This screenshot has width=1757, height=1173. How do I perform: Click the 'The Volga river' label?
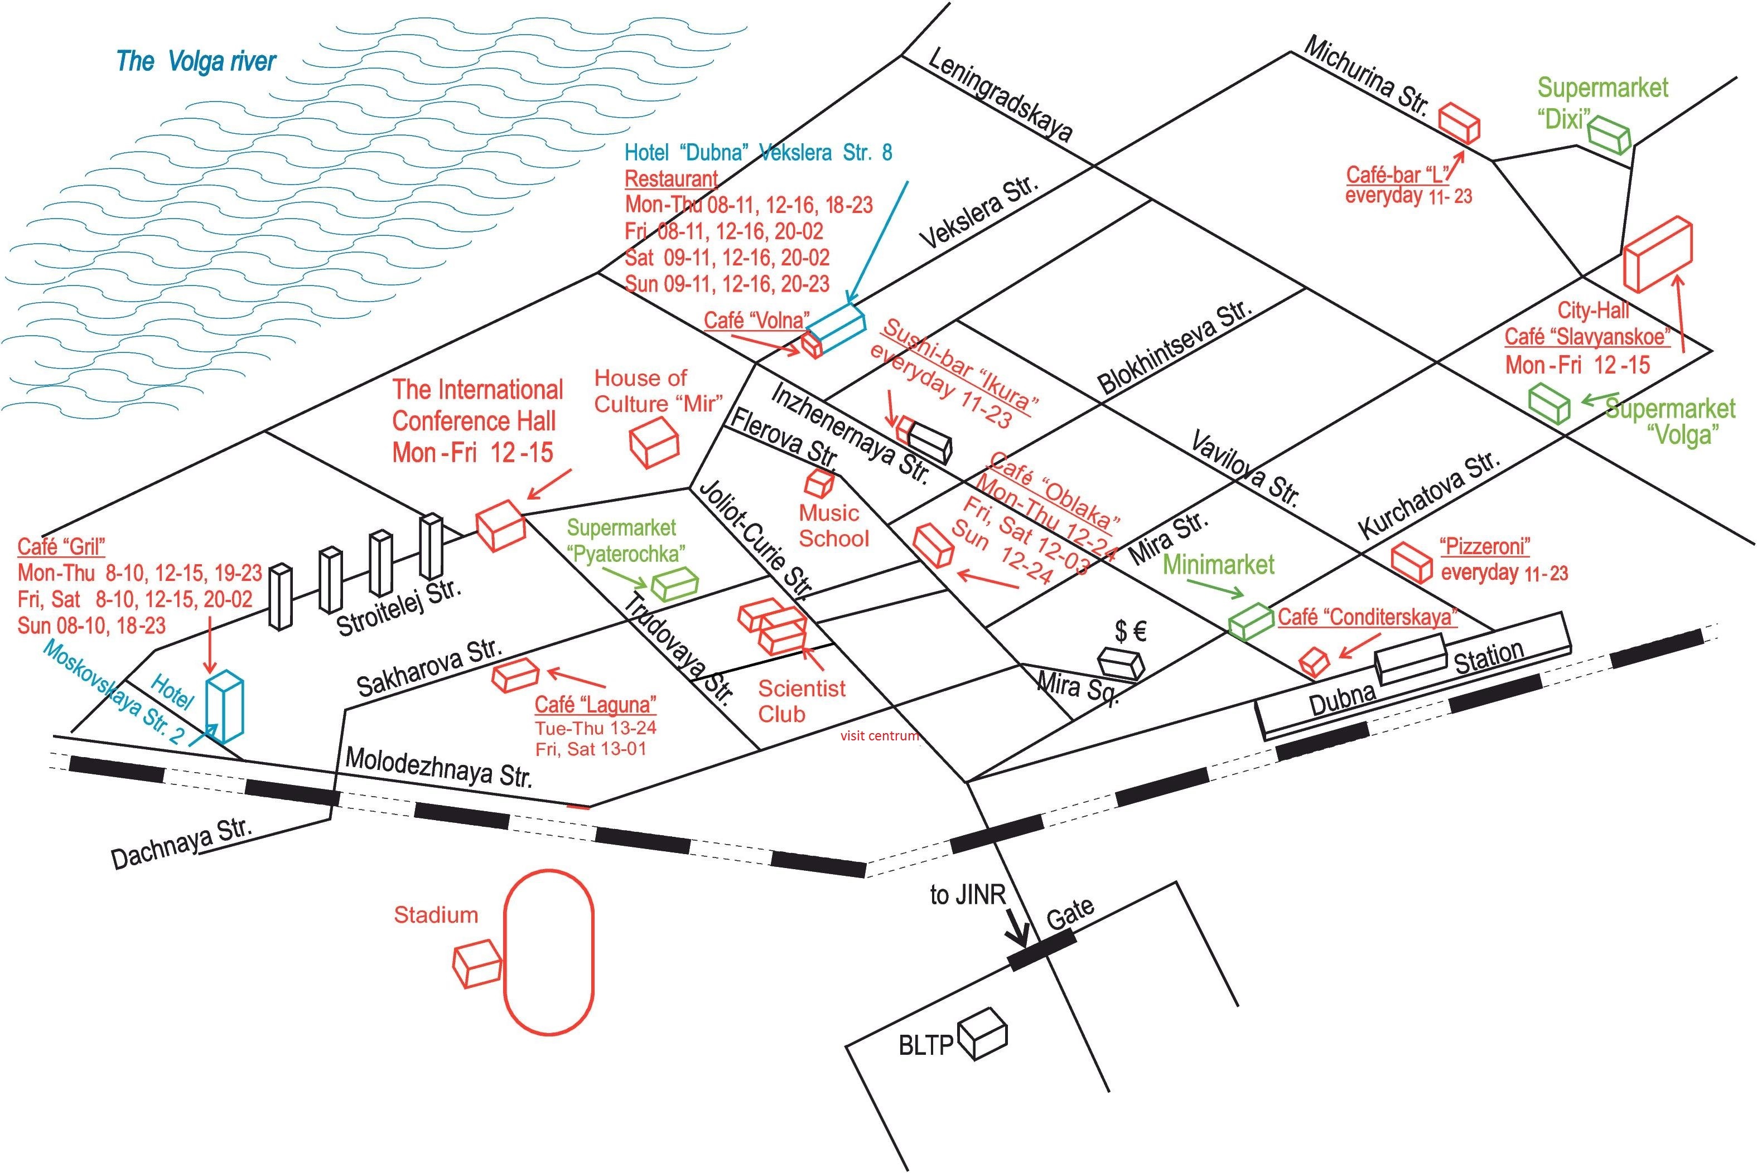(196, 61)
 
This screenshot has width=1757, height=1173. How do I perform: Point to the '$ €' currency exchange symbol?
(1130, 632)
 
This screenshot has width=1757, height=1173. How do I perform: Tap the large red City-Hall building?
(1656, 254)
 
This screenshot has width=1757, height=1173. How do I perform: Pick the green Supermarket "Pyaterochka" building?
(674, 584)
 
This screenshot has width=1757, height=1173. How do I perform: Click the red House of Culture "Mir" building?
(653, 442)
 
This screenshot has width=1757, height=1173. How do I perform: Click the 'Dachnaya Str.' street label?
(180, 843)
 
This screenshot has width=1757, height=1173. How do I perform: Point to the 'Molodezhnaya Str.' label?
(438, 767)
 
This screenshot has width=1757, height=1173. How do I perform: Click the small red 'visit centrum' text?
(879, 736)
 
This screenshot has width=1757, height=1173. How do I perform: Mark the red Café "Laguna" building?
(515, 674)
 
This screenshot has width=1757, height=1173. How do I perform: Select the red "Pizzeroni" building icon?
(1411, 561)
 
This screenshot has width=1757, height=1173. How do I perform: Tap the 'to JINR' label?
(968, 895)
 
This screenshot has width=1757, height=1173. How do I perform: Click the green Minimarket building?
(1251, 621)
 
